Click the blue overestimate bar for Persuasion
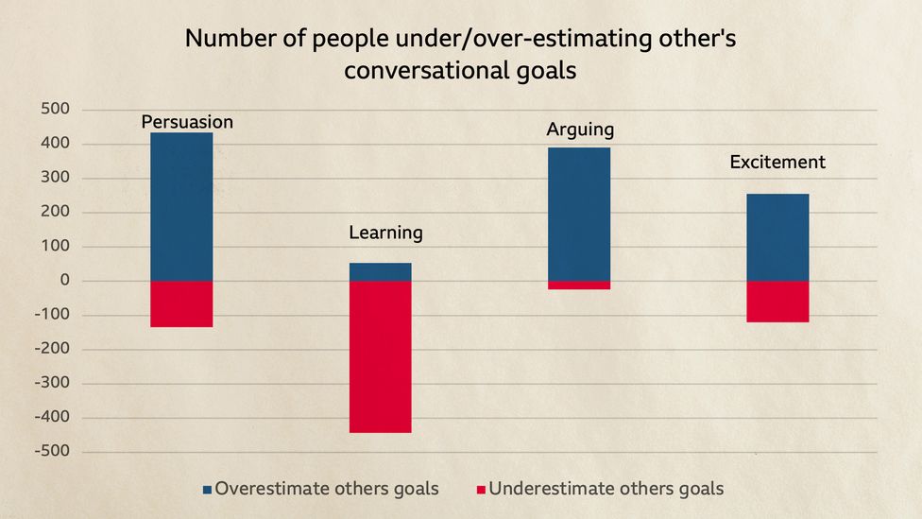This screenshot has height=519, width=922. [181, 206]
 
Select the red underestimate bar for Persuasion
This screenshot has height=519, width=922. [181, 303]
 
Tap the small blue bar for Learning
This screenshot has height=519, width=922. [380, 271]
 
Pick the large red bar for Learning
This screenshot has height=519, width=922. [380, 356]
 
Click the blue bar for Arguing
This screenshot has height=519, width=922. [579, 214]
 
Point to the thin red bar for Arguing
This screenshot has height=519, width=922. [579, 285]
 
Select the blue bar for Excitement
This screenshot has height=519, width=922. [777, 237]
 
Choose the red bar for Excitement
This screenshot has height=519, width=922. [777, 302]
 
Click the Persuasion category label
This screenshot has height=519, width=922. [187, 122]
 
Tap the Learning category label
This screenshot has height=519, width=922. [385, 233]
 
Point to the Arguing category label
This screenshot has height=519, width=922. [580, 130]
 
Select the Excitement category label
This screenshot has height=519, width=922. [777, 163]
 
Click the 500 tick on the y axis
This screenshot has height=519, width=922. [57, 110]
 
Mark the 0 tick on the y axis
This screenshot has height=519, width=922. [65, 281]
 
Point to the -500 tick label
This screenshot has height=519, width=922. [54, 451]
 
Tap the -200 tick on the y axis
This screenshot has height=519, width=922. [54, 349]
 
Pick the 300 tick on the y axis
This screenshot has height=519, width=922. [57, 178]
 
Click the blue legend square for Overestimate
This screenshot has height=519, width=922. [207, 490]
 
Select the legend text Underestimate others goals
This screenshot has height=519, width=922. [606, 489]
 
